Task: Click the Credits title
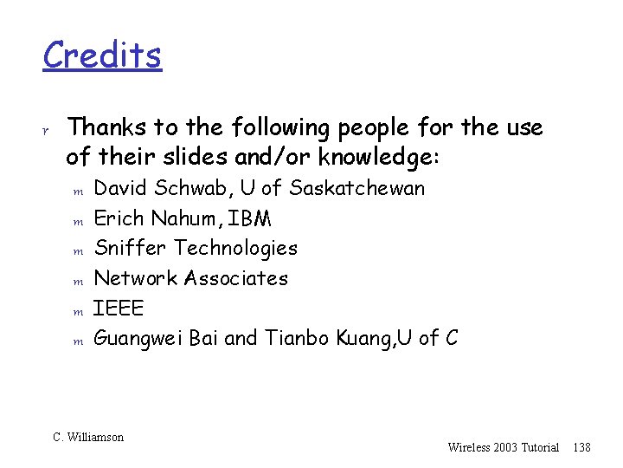tap(102, 55)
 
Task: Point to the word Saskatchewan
tap(357, 188)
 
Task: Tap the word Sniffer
tap(131, 248)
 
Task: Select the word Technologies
tap(235, 249)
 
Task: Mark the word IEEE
tap(119, 308)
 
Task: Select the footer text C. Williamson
tap(88, 438)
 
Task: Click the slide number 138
tap(581, 447)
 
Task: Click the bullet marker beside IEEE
tap(76, 310)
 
